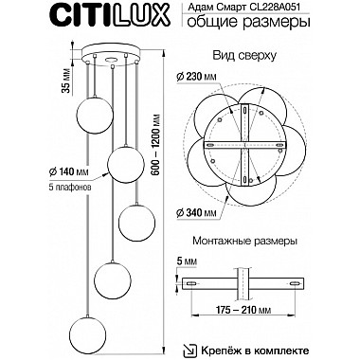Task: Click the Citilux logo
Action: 111,15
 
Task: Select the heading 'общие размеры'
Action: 248,23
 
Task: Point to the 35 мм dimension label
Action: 66,81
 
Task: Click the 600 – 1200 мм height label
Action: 158,143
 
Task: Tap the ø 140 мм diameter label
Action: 68,171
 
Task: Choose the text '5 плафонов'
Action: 68,188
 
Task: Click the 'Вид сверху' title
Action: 244,56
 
